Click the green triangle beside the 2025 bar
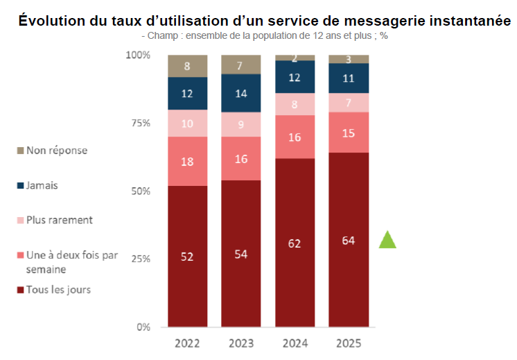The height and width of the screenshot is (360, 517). tap(388, 240)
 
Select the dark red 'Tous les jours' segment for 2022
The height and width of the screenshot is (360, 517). tap(188, 257)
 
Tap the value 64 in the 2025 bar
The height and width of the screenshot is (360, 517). tap(349, 240)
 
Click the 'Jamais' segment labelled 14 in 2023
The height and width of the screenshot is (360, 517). tap(241, 93)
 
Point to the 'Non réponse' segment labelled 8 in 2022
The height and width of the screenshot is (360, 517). tap(188, 66)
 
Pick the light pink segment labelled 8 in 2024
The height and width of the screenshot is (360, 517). tap(295, 104)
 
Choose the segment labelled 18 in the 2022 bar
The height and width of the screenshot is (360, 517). tap(188, 161)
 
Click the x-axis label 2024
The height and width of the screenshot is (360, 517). tap(295, 343)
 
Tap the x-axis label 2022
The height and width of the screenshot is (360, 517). tap(188, 343)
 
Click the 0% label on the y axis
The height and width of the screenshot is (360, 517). tap(143, 327)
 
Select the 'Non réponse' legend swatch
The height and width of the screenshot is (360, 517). tap(20, 151)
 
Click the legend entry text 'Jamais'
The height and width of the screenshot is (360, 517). tap(42, 185)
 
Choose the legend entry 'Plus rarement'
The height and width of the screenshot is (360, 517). tap(59, 220)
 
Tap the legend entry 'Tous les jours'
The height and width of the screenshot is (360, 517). tap(58, 289)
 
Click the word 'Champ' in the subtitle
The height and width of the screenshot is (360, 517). tap(161, 35)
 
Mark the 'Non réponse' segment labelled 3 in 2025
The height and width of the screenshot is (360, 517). tap(349, 59)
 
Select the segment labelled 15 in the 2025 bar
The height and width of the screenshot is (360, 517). tap(349, 132)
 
